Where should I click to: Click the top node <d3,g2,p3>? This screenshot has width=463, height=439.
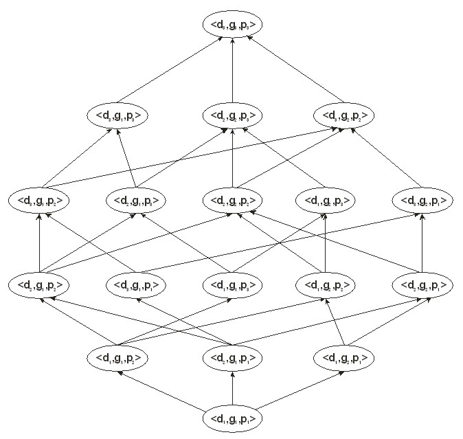(233, 25)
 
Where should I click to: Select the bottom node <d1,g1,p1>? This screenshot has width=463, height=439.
(233, 418)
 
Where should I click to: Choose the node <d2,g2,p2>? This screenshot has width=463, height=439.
(233, 201)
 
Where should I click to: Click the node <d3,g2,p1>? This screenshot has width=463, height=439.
(422, 201)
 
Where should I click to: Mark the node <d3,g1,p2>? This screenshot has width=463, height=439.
(39, 201)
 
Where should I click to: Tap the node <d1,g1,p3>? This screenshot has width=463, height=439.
(233, 284)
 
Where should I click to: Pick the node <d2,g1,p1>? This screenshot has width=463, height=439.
(233, 357)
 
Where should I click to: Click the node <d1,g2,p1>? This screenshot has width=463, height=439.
(344, 357)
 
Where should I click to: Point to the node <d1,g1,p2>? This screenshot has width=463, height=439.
(117, 357)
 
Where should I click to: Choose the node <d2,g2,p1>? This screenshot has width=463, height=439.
(422, 284)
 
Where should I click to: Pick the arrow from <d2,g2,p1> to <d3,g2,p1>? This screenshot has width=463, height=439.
(422, 243)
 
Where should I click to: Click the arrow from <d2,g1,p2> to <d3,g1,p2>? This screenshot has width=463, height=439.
(39, 243)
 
